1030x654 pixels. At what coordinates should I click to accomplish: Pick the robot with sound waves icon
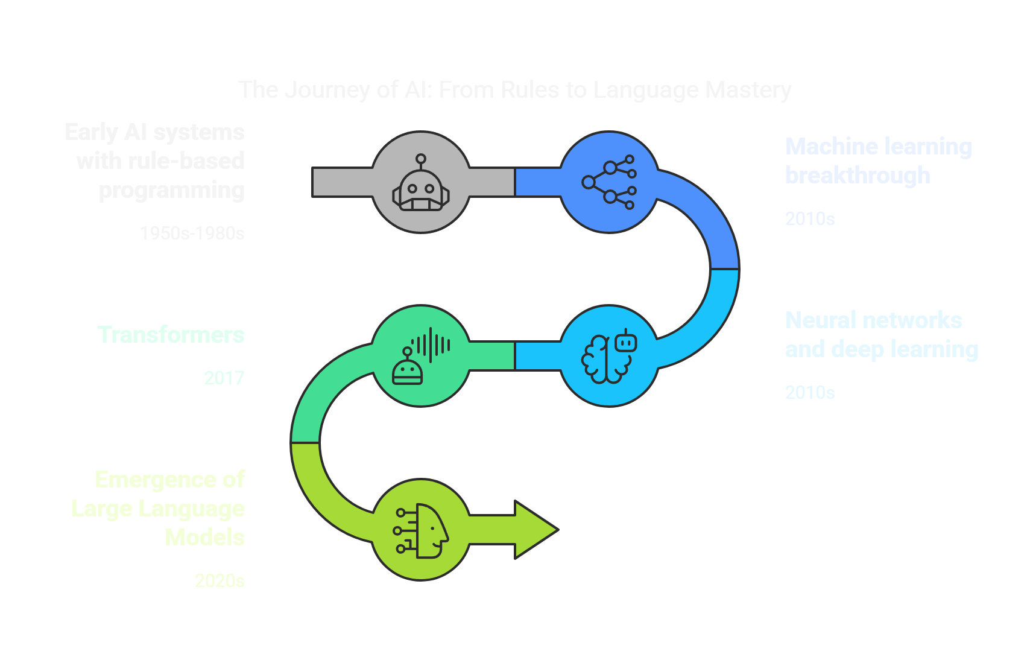coord(421,356)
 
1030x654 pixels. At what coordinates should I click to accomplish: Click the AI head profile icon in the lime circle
coord(422,530)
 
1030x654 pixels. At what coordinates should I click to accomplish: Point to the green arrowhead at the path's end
coord(536,530)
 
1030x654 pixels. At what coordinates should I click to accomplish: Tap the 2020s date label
coord(220,581)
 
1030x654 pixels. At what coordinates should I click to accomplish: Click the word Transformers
coord(171,335)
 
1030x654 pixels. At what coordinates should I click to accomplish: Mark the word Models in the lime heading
coord(204,538)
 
